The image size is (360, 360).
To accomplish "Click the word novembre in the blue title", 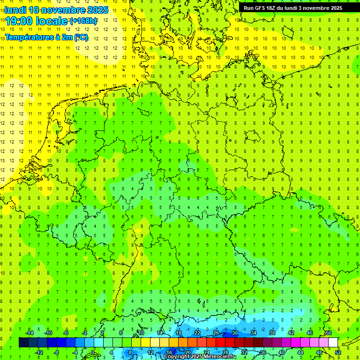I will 64,10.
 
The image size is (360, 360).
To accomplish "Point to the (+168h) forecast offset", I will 83,21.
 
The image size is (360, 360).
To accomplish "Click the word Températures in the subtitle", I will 30,37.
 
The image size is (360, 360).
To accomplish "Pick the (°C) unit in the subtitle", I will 81,37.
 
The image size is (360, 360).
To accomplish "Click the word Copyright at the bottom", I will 178,357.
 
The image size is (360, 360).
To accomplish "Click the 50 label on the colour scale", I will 328,333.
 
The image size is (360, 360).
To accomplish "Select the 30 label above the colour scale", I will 234,333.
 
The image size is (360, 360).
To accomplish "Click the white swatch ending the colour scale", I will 333,343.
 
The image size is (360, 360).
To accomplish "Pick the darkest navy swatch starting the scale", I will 23,343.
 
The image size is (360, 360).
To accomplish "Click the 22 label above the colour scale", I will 197,333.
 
